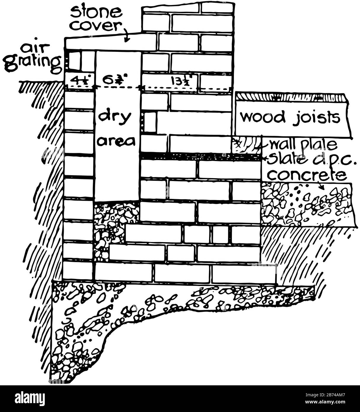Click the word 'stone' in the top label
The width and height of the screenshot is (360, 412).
pos(96,12)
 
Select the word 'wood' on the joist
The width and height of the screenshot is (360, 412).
pos(262,117)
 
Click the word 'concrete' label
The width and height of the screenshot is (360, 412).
pos(307,175)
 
